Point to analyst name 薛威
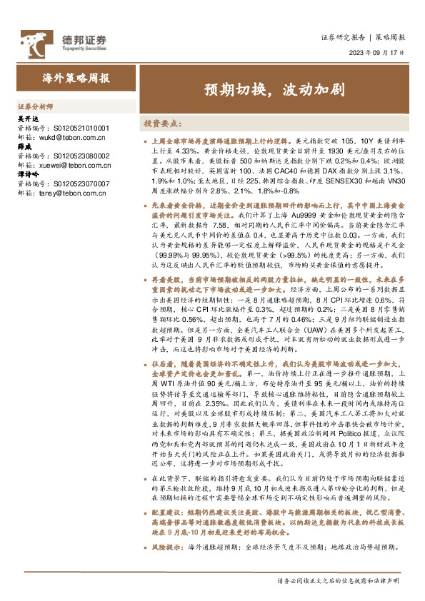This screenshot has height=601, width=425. [x=24, y=146]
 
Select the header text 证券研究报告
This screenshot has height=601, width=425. [x=345, y=38]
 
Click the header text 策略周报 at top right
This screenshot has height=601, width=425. [x=391, y=38]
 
